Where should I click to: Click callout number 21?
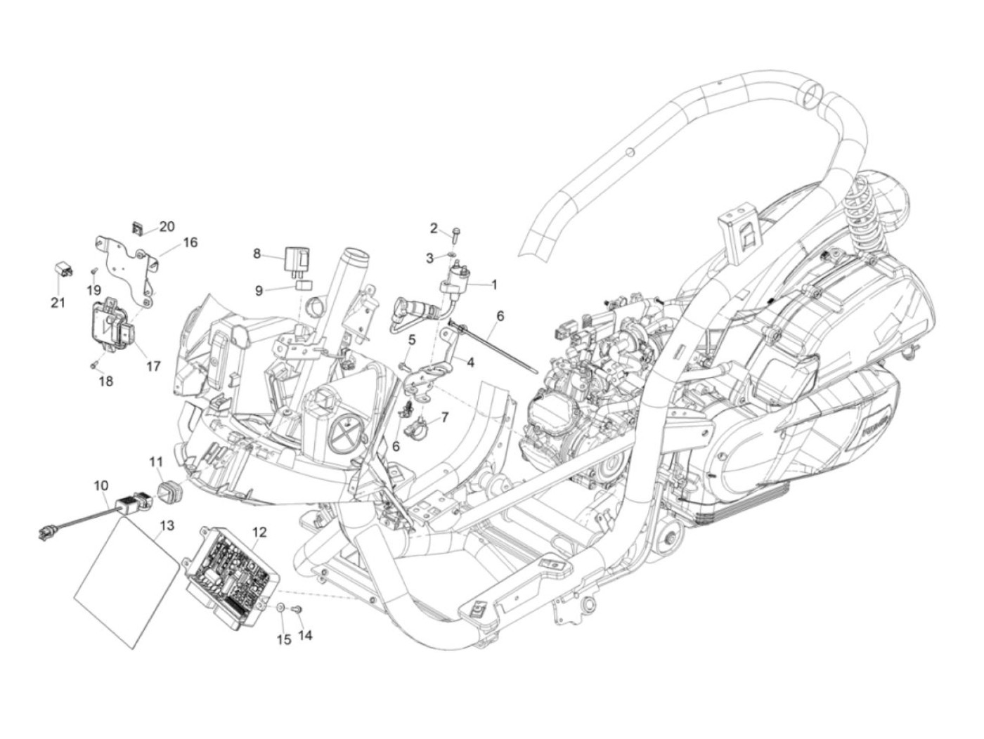[x=58, y=303]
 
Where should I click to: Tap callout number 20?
[x=167, y=227]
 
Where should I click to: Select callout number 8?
[x=257, y=254]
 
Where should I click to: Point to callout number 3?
[x=429, y=259]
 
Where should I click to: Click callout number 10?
[x=101, y=485]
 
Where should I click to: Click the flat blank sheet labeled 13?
[x=126, y=582]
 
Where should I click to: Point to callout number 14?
[x=305, y=634]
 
